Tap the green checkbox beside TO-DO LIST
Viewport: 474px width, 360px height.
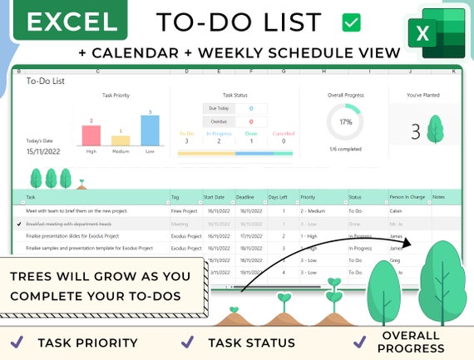click(351, 22)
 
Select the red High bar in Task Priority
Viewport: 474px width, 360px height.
click(92, 136)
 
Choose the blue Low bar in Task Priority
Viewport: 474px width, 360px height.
click(150, 131)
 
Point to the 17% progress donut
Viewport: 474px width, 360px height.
click(345, 122)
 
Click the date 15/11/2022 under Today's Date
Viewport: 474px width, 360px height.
click(43, 151)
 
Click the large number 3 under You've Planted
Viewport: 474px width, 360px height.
click(416, 131)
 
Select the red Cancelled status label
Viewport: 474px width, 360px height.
click(284, 132)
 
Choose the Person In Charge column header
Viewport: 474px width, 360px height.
click(407, 197)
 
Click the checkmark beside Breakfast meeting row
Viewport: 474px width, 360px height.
click(19, 224)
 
